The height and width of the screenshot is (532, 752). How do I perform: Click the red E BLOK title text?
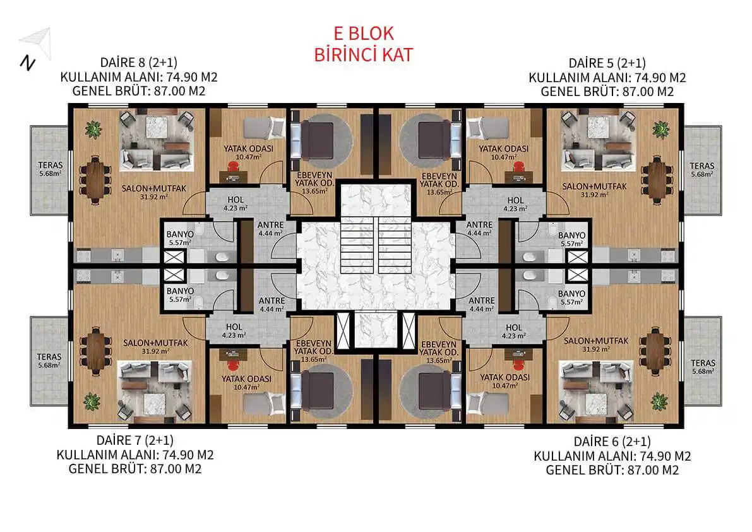[364, 33]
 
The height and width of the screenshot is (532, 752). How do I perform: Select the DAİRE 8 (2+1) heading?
[139, 63]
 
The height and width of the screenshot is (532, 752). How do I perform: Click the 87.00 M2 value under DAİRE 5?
[648, 92]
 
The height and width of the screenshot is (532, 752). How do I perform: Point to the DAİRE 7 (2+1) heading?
[134, 440]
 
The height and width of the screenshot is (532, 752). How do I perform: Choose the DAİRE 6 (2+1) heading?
[612, 442]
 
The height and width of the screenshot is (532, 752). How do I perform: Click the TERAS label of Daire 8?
[51, 165]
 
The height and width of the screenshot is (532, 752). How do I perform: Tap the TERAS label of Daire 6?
[703, 363]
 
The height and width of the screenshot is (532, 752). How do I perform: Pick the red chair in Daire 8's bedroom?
[233, 166]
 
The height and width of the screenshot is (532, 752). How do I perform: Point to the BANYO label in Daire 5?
[571, 236]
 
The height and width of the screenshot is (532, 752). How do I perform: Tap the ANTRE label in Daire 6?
[482, 301]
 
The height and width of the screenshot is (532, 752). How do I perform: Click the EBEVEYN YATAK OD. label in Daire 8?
[314, 180]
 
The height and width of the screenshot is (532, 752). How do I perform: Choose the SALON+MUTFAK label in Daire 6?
[595, 341]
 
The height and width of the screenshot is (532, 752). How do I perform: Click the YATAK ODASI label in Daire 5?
[504, 149]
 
